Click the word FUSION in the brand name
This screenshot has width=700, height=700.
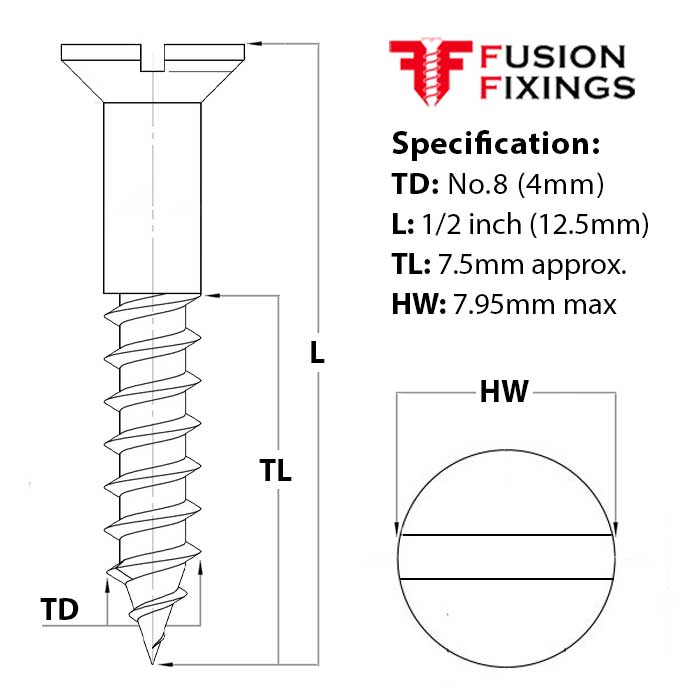tap(553, 57)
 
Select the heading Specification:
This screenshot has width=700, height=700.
tap(496, 143)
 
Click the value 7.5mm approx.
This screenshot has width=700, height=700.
tap(529, 265)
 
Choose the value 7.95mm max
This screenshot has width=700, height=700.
tap(539, 304)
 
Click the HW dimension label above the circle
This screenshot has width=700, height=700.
tap(504, 392)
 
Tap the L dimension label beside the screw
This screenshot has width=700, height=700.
tap(317, 353)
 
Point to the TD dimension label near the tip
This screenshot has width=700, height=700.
tap(60, 609)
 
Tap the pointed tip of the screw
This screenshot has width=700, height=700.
tap(152, 660)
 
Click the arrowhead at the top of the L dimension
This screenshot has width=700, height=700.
tap(255, 44)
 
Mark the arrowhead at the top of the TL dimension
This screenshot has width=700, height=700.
tap(212, 295)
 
